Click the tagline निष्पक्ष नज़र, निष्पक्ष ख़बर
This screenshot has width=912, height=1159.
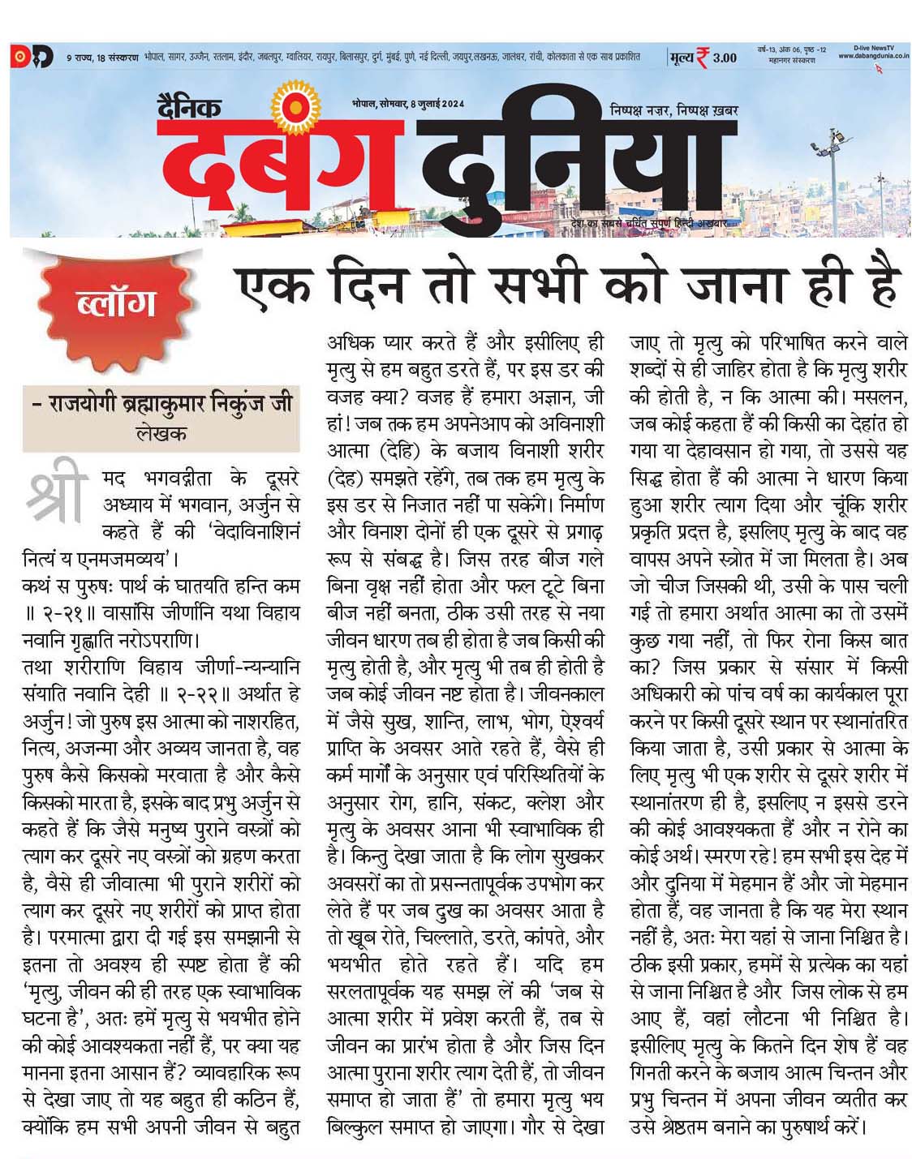pyautogui.click(x=673, y=110)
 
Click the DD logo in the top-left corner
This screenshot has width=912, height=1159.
pyautogui.click(x=31, y=57)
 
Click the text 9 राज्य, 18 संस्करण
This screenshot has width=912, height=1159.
pyautogui.click(x=101, y=58)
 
